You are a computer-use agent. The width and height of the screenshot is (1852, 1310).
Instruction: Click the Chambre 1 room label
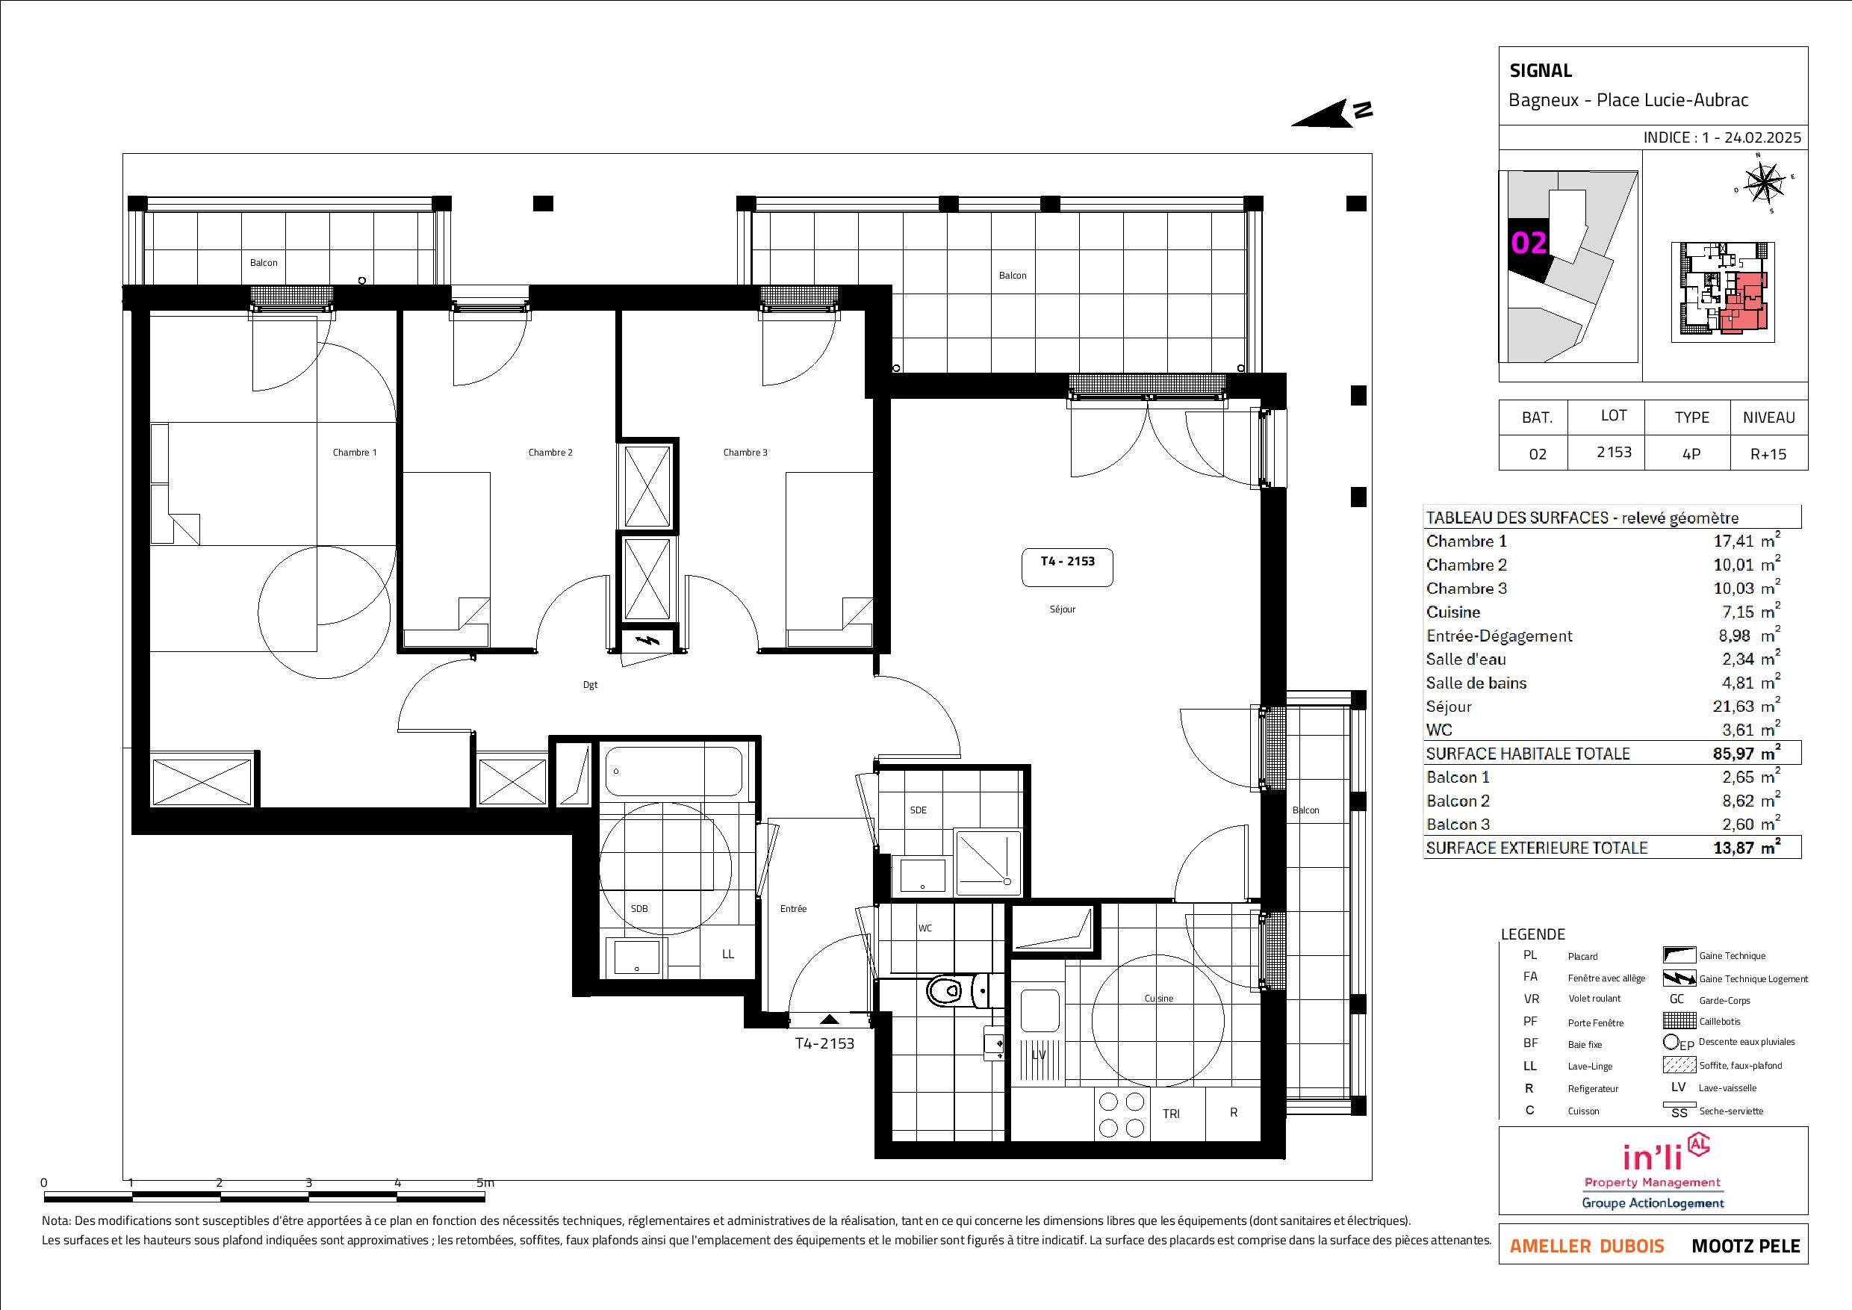pyautogui.click(x=355, y=453)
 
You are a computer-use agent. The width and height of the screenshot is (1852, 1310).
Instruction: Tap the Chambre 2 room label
pyautogui.click(x=550, y=453)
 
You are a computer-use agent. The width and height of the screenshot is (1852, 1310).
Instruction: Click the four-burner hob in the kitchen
pyautogui.click(x=1121, y=1114)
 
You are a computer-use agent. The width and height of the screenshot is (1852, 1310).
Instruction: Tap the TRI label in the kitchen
pyautogui.click(x=1171, y=1114)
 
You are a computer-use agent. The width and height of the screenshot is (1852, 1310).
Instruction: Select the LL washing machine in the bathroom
pyautogui.click(x=727, y=954)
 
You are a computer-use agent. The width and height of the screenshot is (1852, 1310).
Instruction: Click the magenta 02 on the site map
pyautogui.click(x=1529, y=243)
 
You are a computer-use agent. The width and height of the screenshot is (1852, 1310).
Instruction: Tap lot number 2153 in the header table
pyautogui.click(x=1614, y=452)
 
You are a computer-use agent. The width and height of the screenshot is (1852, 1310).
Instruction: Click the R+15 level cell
pyautogui.click(x=1768, y=454)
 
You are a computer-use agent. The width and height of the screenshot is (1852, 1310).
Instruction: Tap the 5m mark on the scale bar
pyautogui.click(x=485, y=1183)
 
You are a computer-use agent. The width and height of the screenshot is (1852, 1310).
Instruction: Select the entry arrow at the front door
pyautogui.click(x=829, y=1020)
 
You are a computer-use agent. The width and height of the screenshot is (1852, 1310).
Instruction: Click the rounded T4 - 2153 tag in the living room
pyautogui.click(x=1066, y=568)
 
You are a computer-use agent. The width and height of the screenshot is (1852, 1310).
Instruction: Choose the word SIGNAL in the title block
pyautogui.click(x=1541, y=71)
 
